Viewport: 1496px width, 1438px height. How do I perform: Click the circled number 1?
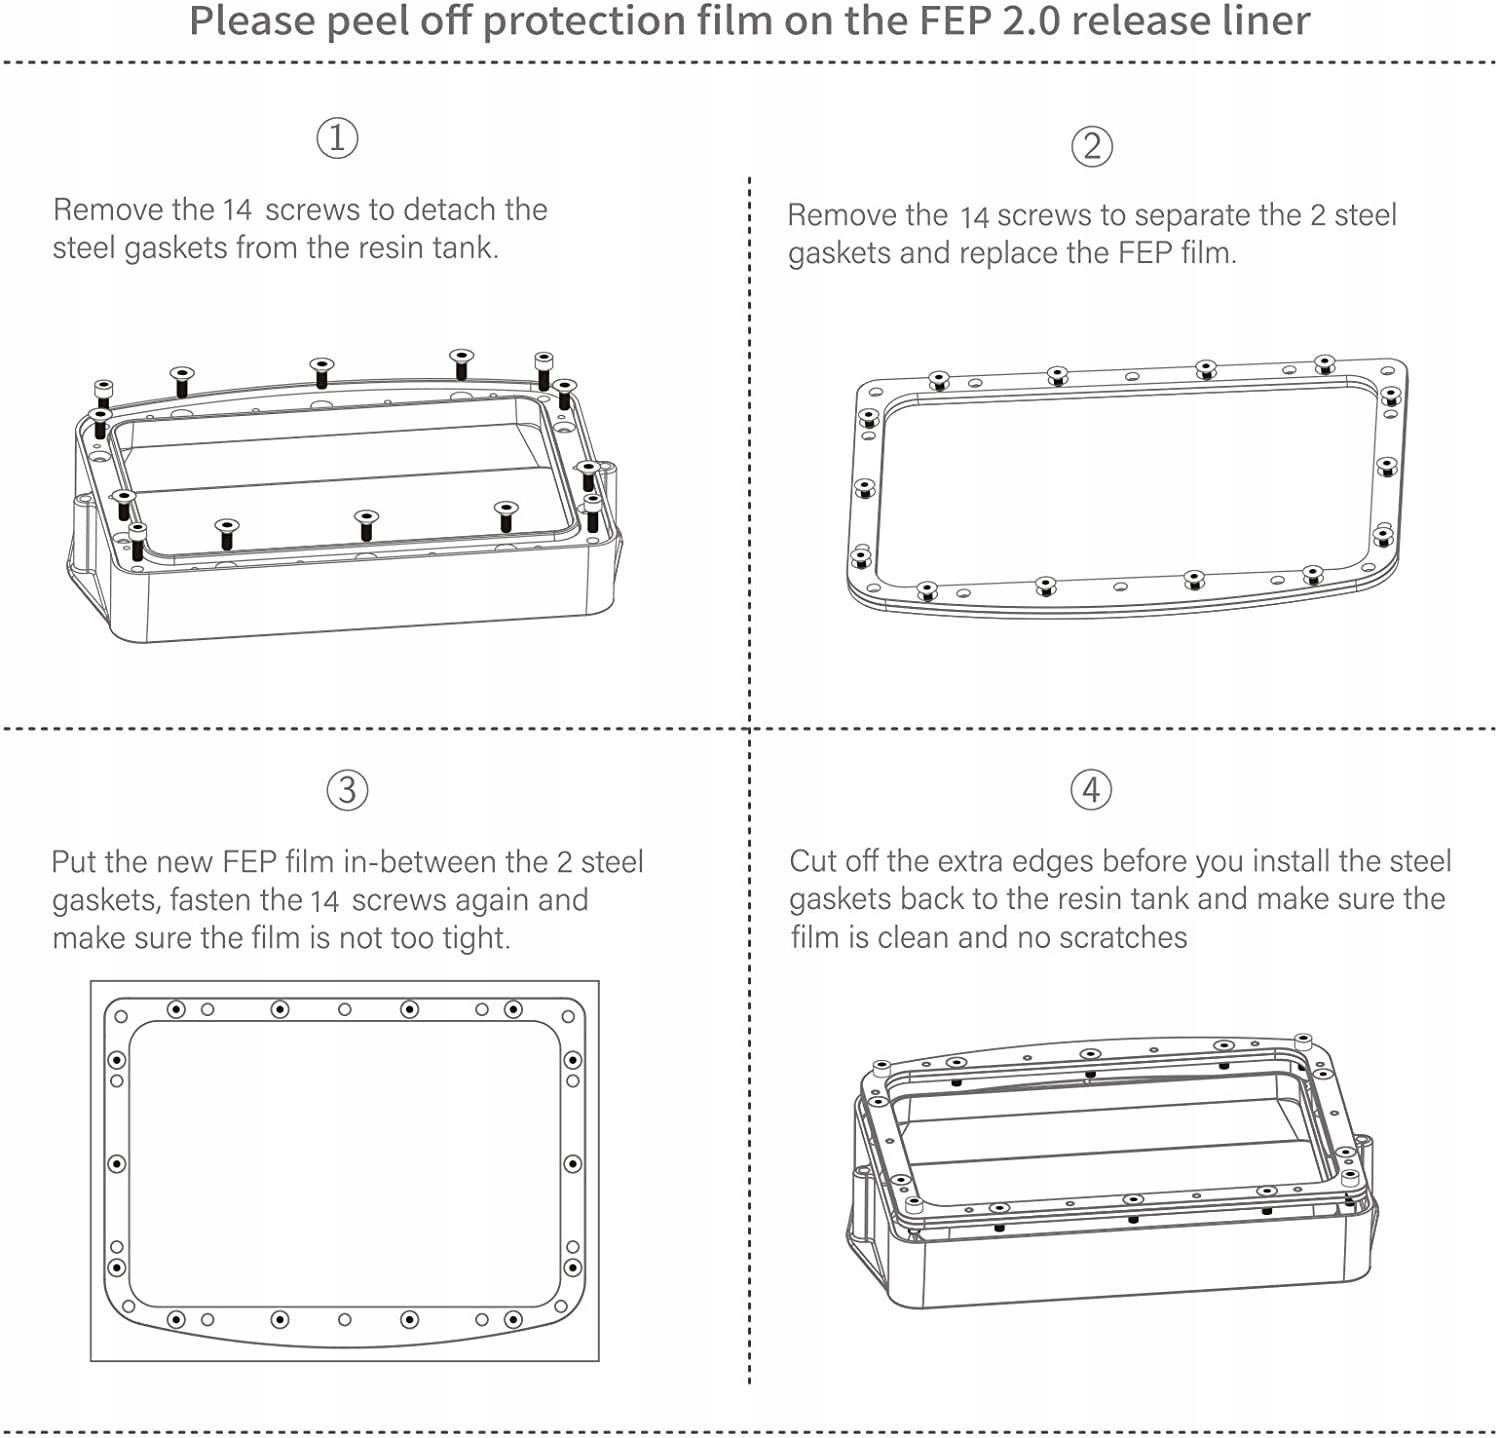(x=337, y=137)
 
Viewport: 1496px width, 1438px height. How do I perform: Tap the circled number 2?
(x=1091, y=146)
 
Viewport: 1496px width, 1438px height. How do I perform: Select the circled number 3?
(x=347, y=790)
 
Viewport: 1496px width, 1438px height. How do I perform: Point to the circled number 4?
(x=1091, y=790)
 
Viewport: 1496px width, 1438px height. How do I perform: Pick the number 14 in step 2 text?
(x=973, y=217)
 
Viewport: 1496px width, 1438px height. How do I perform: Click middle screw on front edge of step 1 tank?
(x=366, y=523)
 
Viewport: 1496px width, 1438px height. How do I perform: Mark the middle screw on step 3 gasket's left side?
(x=117, y=1164)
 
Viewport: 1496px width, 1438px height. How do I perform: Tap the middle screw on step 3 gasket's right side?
(x=573, y=1164)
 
